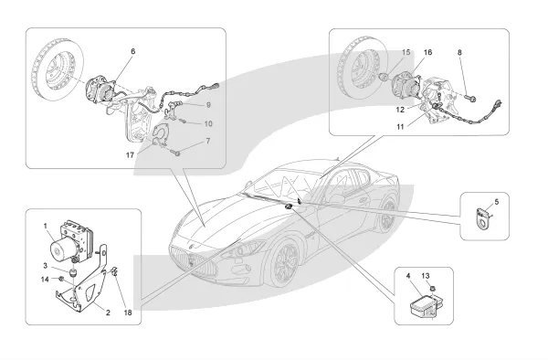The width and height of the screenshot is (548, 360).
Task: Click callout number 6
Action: (132, 51)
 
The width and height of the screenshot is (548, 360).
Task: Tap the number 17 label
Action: (130, 154)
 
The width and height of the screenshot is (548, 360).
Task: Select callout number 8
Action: (459, 52)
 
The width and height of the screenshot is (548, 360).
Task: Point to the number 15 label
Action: (406, 52)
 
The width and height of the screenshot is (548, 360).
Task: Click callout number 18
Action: (128, 312)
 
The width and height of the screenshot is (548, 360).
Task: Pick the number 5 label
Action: (497, 202)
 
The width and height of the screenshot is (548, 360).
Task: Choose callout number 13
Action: (425, 276)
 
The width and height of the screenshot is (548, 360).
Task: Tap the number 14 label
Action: (45, 280)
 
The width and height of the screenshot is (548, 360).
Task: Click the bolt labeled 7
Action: (176, 153)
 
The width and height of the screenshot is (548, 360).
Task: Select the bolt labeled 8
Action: (470, 99)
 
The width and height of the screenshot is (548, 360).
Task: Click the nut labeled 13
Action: (432, 289)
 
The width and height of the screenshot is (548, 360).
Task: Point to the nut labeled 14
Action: (60, 279)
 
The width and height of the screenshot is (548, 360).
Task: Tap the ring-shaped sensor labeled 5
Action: (483, 217)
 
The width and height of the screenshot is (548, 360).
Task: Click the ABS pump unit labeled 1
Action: (70, 240)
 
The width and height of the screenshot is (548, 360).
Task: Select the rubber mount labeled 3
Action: (73, 271)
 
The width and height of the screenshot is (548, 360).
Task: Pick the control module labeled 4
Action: (422, 305)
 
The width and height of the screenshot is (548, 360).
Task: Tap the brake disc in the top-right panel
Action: (363, 67)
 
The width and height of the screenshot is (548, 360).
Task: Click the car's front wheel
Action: (282, 264)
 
